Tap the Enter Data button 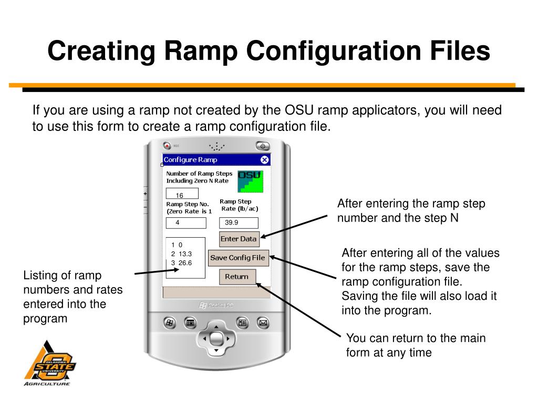(x=239, y=239)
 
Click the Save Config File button (x=238, y=258)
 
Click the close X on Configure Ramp (x=264, y=159)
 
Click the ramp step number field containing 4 (x=186, y=223)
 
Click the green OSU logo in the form (x=250, y=181)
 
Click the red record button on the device (x=167, y=146)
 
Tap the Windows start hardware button (x=170, y=322)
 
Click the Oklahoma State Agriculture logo (x=48, y=363)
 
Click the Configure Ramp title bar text (x=190, y=159)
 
